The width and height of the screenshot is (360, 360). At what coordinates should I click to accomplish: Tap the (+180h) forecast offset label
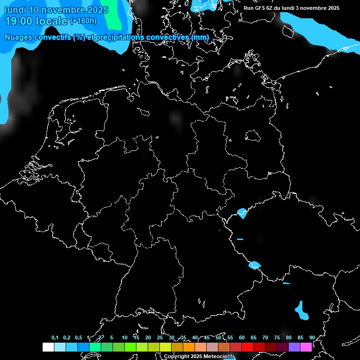[83, 21]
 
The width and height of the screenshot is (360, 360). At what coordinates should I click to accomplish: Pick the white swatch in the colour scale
[48, 347]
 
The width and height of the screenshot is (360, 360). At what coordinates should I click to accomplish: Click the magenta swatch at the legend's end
[306, 347]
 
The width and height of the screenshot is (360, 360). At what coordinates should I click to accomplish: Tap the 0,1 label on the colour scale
[55, 338]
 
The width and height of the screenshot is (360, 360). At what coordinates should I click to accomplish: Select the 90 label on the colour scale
[312, 338]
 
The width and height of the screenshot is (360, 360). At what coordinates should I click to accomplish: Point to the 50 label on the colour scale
[218, 338]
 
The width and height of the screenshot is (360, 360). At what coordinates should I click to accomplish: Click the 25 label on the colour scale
[160, 338]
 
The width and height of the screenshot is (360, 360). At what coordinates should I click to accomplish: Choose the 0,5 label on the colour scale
[78, 338]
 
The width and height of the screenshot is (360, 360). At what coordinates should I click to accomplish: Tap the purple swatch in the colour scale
[294, 347]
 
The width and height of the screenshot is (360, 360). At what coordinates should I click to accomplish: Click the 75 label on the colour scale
[277, 338]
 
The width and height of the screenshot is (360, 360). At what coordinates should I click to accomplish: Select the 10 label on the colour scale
[125, 338]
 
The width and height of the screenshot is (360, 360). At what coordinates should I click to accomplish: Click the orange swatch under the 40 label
[189, 347]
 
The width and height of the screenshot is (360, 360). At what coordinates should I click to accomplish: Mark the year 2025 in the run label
[333, 8]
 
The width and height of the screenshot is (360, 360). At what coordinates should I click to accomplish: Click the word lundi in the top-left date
[15, 10]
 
